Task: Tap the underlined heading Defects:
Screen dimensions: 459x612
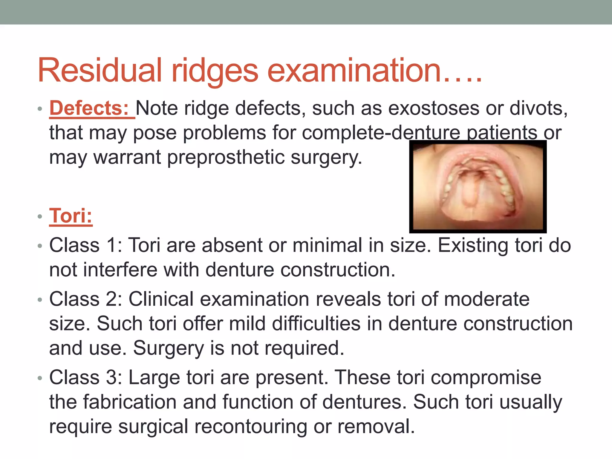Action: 89,108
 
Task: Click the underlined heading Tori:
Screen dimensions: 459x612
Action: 71,216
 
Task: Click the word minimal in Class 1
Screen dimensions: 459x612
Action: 327,245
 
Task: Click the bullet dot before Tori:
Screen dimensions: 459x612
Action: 40,216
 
